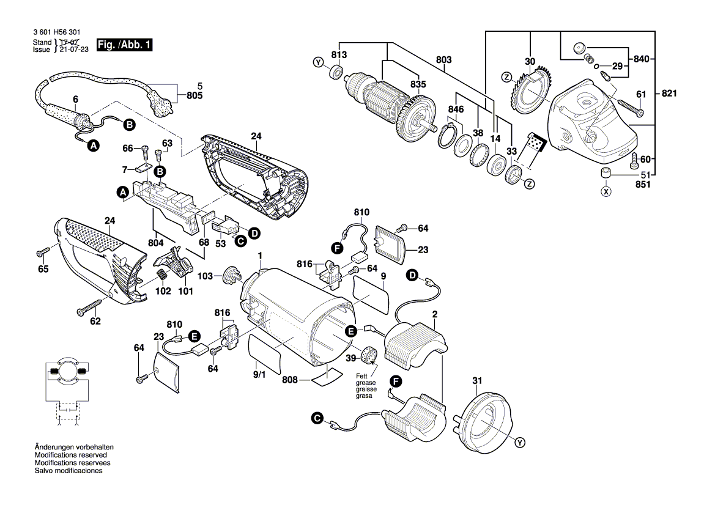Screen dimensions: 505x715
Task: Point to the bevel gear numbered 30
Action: (528, 92)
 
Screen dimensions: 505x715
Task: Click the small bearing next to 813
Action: (335, 72)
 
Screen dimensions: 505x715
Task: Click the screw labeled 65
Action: (43, 251)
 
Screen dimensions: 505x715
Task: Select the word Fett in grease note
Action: (362, 375)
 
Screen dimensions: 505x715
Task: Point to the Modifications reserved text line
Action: (71, 455)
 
